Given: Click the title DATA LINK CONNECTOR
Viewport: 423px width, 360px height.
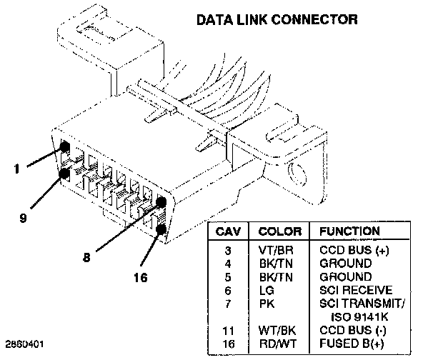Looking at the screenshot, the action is (277, 20).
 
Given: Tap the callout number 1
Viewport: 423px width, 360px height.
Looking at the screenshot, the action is (17, 169).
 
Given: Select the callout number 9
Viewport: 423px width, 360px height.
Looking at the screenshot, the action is (24, 218).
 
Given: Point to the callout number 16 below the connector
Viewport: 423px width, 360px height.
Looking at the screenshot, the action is (141, 277).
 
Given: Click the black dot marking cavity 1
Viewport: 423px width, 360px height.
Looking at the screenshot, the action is (64, 147).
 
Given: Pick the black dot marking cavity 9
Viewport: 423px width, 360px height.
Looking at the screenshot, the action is (64, 174).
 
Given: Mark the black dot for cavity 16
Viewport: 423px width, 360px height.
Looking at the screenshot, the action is (161, 229).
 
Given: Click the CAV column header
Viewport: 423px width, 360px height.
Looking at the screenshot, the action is (228, 231).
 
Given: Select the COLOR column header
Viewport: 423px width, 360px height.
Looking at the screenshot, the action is (280, 231).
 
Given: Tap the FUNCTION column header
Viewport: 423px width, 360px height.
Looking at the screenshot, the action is (349, 231).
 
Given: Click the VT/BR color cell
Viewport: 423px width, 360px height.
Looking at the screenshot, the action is (276, 251).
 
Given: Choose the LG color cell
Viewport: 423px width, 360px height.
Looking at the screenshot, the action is (267, 291).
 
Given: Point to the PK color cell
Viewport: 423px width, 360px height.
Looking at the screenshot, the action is (267, 304).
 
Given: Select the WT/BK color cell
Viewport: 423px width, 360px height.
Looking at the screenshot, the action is (277, 330).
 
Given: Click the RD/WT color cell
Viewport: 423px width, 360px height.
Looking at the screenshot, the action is (278, 344).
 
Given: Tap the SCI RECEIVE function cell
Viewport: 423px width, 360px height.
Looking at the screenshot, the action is (356, 290).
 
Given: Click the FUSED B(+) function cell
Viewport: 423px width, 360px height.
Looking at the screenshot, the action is (352, 344).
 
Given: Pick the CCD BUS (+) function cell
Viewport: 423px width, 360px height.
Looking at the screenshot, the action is (354, 250).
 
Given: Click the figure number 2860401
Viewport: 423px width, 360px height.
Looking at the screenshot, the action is (24, 344).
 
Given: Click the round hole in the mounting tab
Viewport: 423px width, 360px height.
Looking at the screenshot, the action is (297, 174).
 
